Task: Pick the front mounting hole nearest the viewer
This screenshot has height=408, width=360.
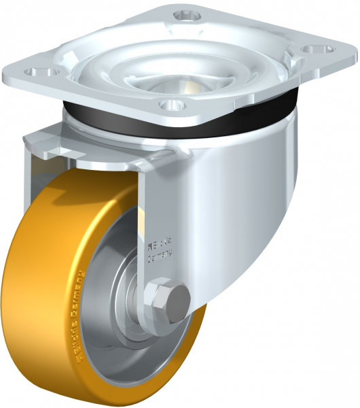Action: (172, 105)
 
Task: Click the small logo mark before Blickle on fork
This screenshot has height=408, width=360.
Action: (151, 241)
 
